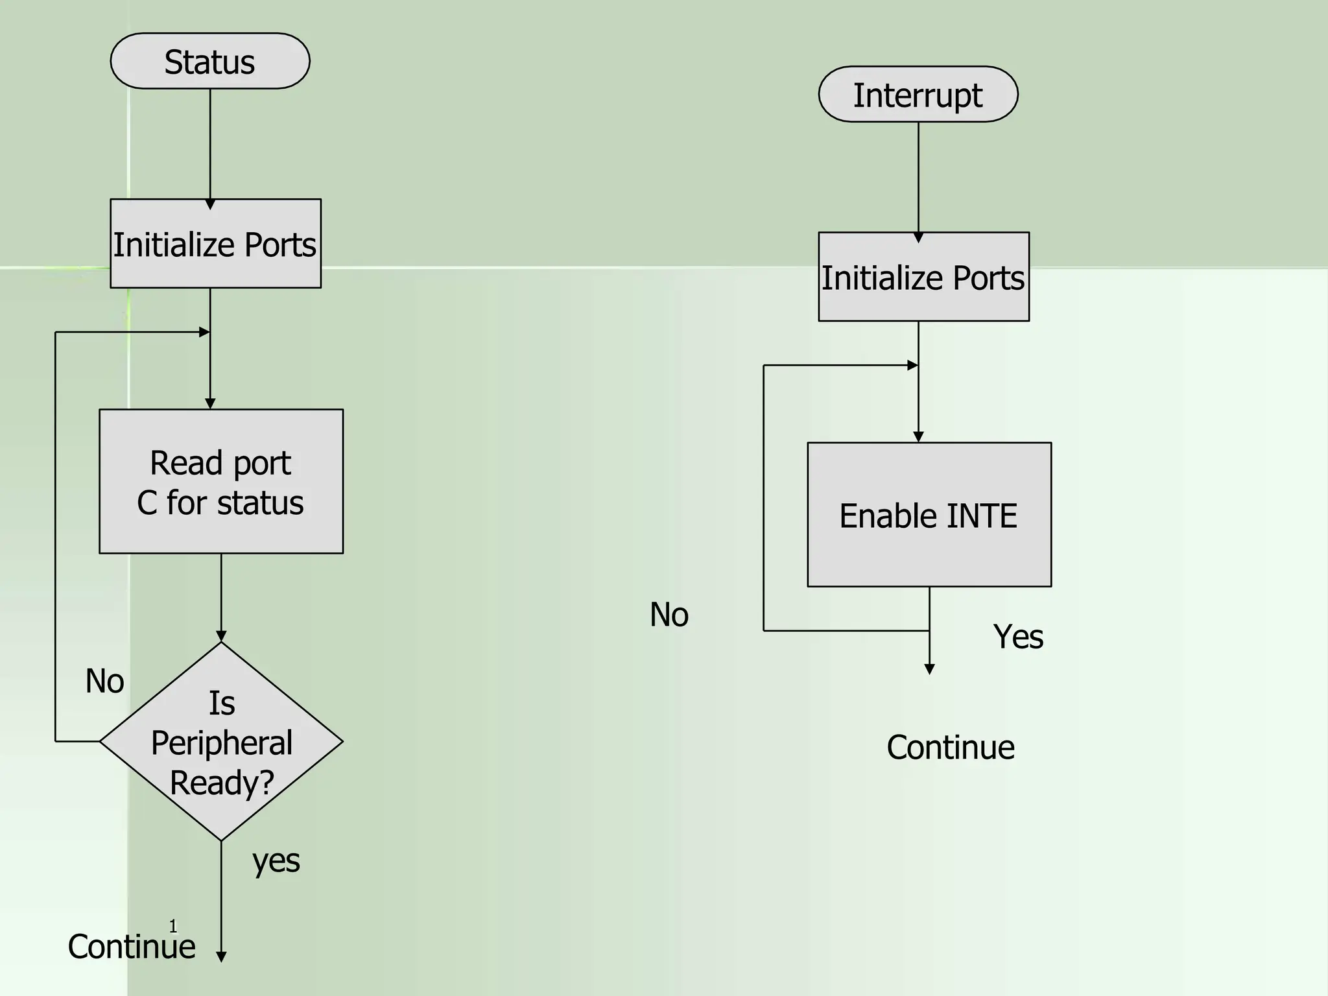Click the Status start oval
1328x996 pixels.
[x=209, y=61]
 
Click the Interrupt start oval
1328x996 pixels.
[x=918, y=94]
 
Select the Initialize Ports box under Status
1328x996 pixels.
[x=215, y=244]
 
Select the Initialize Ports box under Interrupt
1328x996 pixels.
[x=923, y=277]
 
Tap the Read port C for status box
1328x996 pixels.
[x=220, y=481]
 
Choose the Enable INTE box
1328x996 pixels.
[x=929, y=515]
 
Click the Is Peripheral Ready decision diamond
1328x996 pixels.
[x=221, y=742]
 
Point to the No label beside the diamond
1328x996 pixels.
[x=104, y=682]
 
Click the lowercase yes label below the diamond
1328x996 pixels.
[x=276, y=861]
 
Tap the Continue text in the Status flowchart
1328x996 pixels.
[x=132, y=946]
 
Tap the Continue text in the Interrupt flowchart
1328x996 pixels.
[x=950, y=747]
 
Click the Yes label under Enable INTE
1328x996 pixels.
[x=1017, y=637]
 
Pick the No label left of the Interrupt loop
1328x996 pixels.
[x=669, y=614]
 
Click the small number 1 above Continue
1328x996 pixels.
[x=173, y=925]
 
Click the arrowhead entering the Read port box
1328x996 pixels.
[x=210, y=404]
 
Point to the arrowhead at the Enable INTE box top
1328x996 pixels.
[x=918, y=438]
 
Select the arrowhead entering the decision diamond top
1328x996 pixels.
[x=221, y=636]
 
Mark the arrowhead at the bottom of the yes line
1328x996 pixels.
[x=221, y=957]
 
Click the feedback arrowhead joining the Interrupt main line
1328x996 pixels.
[x=912, y=366]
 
